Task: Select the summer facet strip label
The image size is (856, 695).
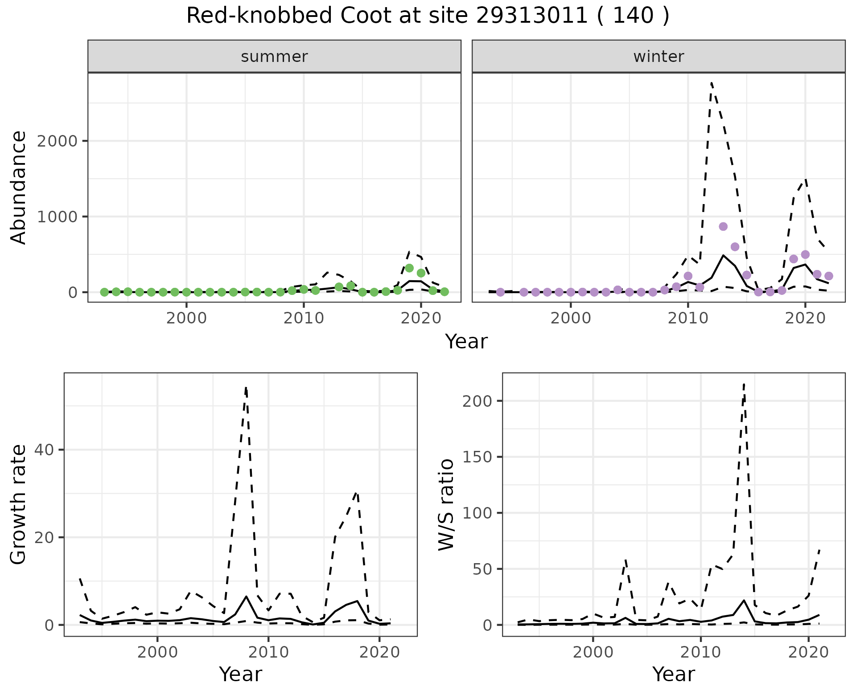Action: click(x=274, y=57)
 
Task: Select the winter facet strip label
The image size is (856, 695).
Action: click(x=658, y=57)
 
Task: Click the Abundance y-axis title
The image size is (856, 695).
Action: click(x=19, y=188)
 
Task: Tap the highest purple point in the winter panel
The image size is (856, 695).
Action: click(x=723, y=226)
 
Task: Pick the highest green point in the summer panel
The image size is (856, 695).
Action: click(x=409, y=268)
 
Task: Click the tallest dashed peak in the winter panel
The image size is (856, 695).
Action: click(x=712, y=83)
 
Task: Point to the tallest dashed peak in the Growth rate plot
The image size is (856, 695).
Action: click(x=246, y=388)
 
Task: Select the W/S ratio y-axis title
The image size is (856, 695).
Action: click(x=446, y=505)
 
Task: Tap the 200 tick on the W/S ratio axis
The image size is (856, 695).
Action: click(x=477, y=401)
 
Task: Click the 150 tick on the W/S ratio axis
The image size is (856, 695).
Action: click(x=477, y=457)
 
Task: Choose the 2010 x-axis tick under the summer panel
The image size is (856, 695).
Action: click(x=303, y=319)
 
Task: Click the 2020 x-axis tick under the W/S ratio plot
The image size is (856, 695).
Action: click(x=808, y=653)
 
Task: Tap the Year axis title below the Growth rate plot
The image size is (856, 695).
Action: click(x=240, y=675)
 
